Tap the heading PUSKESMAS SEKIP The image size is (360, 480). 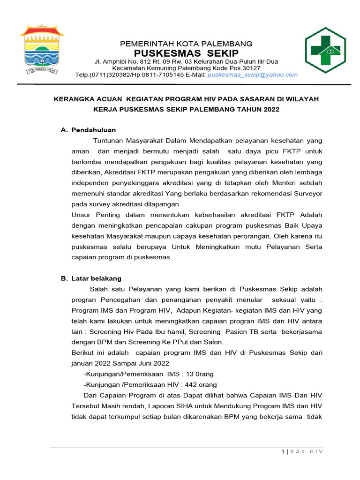click(x=186, y=52)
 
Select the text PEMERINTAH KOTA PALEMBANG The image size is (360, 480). click(x=186, y=44)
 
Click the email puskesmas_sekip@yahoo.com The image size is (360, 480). click(x=253, y=75)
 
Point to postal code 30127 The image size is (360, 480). click(x=250, y=68)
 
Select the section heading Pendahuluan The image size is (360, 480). click(x=93, y=130)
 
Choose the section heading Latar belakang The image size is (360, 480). click(x=96, y=278)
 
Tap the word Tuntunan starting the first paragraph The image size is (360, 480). click(x=109, y=141)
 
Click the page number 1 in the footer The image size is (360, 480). click(x=283, y=451)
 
